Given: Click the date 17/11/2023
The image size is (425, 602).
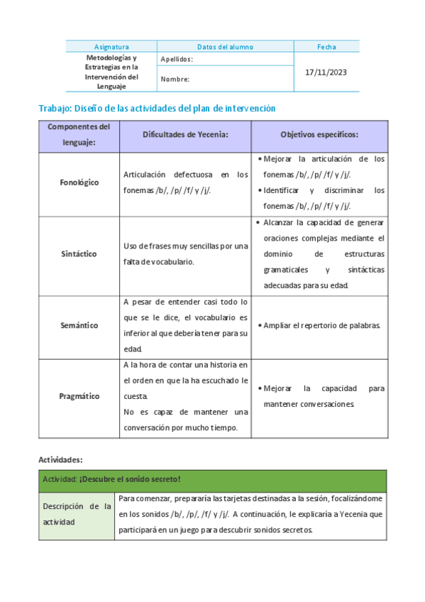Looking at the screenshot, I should click(x=326, y=72).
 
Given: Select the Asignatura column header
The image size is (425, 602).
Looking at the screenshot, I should click(x=111, y=47).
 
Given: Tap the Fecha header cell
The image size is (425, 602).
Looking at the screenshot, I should click(x=326, y=47).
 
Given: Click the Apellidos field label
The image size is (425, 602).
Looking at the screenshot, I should click(x=177, y=60).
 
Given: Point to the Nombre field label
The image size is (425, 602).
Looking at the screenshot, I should click(x=175, y=80).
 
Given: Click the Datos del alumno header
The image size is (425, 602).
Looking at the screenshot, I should click(x=225, y=47).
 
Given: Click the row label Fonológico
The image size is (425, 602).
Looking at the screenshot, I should click(x=79, y=182).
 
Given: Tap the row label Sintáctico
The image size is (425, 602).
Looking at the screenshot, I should click(x=79, y=253).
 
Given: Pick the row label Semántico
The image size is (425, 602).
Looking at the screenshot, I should click(x=79, y=325).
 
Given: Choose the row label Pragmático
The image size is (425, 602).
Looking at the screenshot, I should click(x=79, y=396).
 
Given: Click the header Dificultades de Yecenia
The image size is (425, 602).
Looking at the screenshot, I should click(x=184, y=134).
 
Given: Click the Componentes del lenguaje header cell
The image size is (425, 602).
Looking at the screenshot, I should click(x=79, y=134).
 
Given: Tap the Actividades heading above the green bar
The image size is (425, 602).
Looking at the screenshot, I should click(x=60, y=459).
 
